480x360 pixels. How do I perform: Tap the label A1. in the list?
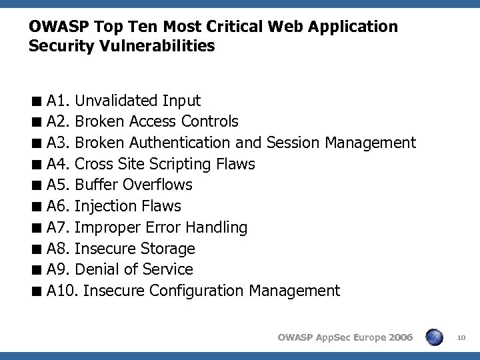point(59,101)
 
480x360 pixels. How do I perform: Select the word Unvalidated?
point(117,101)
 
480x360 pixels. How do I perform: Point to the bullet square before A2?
point(41,122)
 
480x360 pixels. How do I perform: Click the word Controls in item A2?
point(208,121)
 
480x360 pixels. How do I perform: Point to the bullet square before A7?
point(41,228)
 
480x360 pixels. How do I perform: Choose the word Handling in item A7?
point(216,227)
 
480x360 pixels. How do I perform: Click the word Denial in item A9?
point(97,269)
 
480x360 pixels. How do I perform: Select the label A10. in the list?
point(63,291)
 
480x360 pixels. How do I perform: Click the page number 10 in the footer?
point(462,339)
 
